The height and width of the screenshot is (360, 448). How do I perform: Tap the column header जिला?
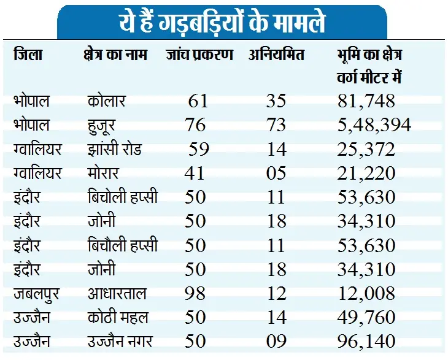point(28,55)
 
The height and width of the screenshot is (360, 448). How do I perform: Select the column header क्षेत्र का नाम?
point(117,55)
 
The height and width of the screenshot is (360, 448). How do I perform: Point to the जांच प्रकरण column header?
point(199,55)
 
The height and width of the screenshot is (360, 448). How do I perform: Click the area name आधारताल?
point(117,293)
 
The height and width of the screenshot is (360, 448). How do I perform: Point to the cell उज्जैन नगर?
point(121,341)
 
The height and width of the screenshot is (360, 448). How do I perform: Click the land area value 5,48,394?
point(374,125)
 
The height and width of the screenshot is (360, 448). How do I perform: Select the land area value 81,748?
point(366,101)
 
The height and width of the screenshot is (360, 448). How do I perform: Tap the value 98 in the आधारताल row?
point(195,293)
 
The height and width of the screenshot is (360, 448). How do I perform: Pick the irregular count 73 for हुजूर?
point(276,125)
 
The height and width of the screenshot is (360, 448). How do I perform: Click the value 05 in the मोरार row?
point(276,173)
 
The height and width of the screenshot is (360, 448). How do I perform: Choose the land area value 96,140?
point(366,341)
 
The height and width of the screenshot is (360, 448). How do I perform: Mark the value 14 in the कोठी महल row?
point(276,317)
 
